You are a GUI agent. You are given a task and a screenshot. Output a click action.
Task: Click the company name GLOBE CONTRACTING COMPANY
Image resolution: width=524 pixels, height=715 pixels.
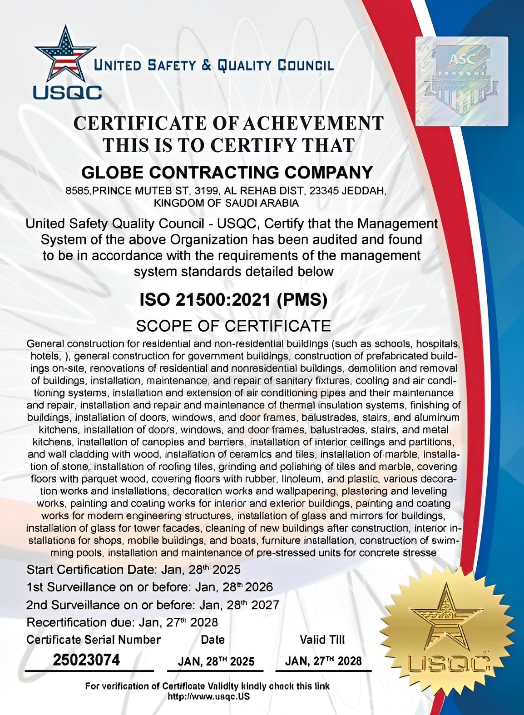coord(227,173)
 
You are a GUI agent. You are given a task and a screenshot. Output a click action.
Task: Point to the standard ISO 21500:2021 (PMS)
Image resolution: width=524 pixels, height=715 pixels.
coord(233,300)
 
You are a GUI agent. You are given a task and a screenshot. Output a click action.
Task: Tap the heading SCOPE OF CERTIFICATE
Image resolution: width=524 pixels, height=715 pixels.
coord(233,326)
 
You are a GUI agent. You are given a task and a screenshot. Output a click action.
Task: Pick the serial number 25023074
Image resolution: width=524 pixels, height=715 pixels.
coord(86,660)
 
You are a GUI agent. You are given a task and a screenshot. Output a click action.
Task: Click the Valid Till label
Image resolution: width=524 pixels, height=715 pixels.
coord(322,640)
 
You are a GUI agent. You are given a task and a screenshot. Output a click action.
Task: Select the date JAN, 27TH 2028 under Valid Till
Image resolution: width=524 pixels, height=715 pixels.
coord(323,661)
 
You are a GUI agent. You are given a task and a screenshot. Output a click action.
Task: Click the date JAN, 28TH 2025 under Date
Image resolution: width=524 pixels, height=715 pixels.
coord(216,661)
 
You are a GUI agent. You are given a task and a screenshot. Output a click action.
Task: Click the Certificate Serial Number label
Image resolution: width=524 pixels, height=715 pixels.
coord(94,640)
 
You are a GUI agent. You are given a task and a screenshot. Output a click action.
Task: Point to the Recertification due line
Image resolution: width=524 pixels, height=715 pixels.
coord(122,622)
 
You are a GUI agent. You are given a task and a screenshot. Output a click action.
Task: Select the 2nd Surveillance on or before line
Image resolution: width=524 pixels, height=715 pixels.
coord(153,605)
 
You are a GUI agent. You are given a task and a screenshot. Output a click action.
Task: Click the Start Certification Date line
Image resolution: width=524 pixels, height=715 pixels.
coord(133,570)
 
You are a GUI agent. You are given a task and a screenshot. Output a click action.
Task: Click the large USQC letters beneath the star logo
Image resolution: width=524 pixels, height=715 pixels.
coord(67,92)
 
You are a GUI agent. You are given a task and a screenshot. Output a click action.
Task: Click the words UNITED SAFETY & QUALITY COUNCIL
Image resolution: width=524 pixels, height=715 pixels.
coord(213,66)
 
